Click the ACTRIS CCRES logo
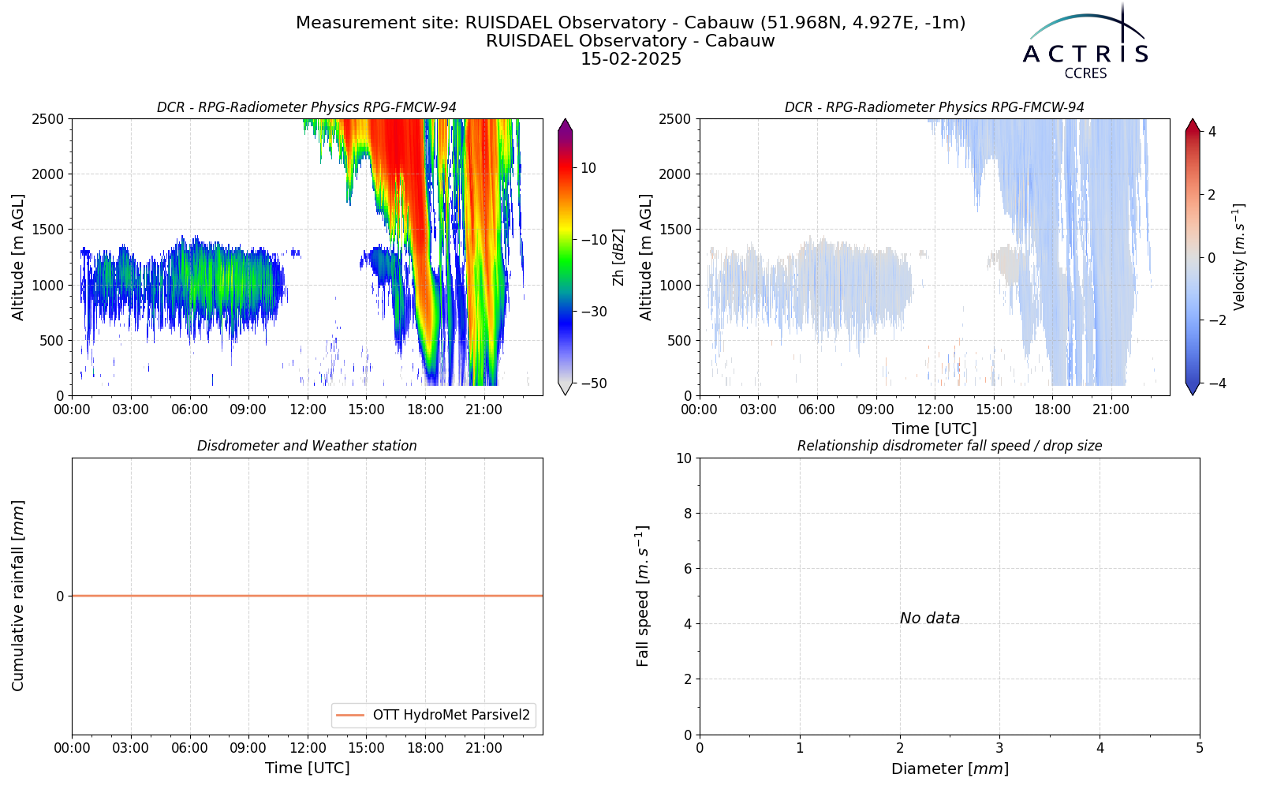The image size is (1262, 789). [x=1085, y=43]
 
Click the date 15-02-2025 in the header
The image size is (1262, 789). [x=631, y=59]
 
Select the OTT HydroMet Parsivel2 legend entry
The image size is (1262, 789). [x=433, y=715]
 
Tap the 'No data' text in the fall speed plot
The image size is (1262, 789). [x=930, y=619]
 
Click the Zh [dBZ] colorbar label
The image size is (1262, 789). [x=619, y=257]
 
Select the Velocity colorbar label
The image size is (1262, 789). [x=1238, y=257]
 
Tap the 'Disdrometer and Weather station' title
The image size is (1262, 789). [x=307, y=446]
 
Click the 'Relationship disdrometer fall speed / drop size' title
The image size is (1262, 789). [x=950, y=446]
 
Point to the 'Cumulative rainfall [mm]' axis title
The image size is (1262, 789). [x=18, y=596]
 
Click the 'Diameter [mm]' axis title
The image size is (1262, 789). [x=950, y=768]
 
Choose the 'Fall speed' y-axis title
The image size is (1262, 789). [x=643, y=596]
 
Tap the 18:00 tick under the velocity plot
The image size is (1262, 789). [x=1052, y=409]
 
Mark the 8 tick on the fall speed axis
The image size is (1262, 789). [x=687, y=514]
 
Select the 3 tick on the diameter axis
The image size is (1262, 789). [x=999, y=749]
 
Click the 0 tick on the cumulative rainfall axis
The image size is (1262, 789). [x=60, y=596]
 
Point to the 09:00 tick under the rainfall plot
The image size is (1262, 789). [x=248, y=749]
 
